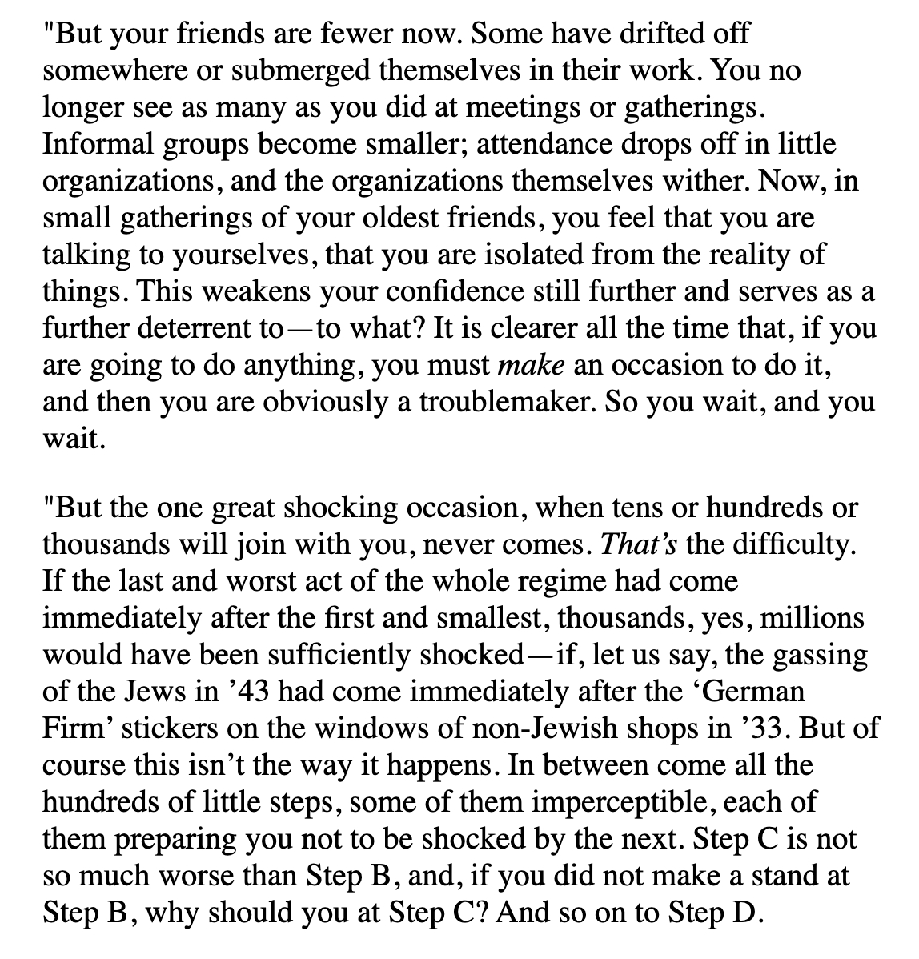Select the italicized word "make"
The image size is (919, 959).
tap(532, 366)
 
